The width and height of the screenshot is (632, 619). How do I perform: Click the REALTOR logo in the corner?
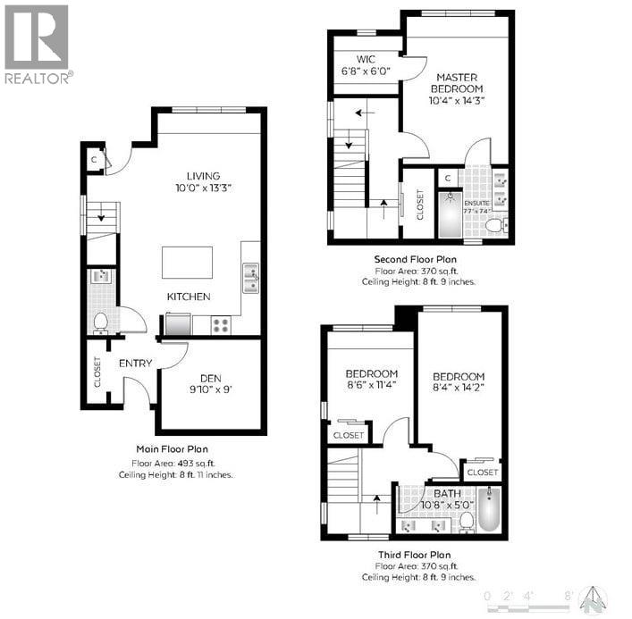[37, 43]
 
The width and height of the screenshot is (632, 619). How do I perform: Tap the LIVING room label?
[203, 176]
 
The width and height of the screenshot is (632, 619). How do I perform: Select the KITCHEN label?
[189, 297]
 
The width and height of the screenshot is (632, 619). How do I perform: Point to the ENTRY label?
[134, 364]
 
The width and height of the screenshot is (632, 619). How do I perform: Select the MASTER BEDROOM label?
[456, 83]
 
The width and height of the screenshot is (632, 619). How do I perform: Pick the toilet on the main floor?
[100, 321]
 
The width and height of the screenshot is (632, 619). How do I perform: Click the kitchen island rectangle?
[187, 263]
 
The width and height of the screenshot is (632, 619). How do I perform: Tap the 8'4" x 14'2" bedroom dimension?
[460, 389]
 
